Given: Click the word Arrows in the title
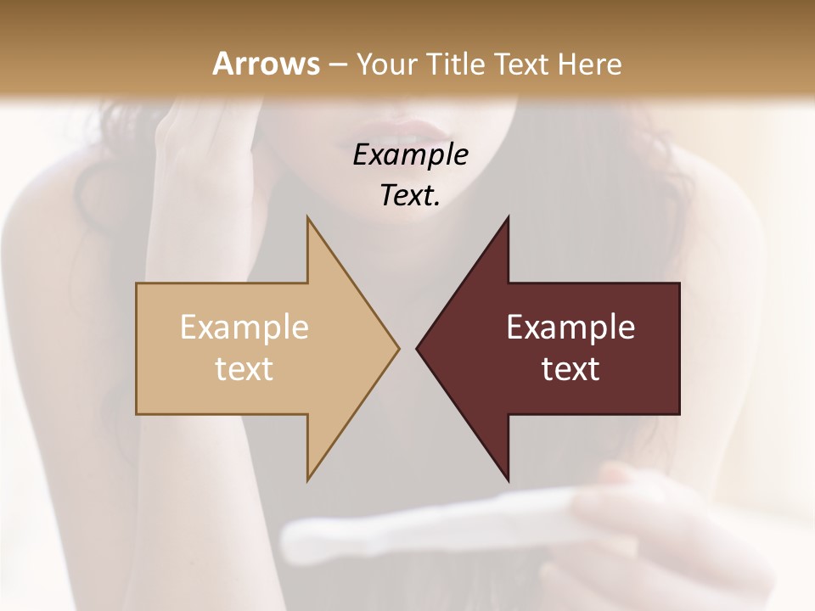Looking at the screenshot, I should point(266,64).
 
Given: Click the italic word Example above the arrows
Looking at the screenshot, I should point(410,154).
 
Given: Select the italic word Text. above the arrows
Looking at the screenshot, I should point(410,195).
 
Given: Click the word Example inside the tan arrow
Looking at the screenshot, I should point(244,328).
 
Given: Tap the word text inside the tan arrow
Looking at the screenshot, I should point(244,369).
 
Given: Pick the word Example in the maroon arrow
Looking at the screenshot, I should point(570,328).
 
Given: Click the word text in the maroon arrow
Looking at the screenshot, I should point(570,369).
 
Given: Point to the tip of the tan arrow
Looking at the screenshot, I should point(398,348).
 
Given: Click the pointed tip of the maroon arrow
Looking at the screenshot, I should point(417,348).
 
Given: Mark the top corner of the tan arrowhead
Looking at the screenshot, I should point(307,217).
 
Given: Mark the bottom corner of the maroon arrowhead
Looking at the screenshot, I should point(508,479).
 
